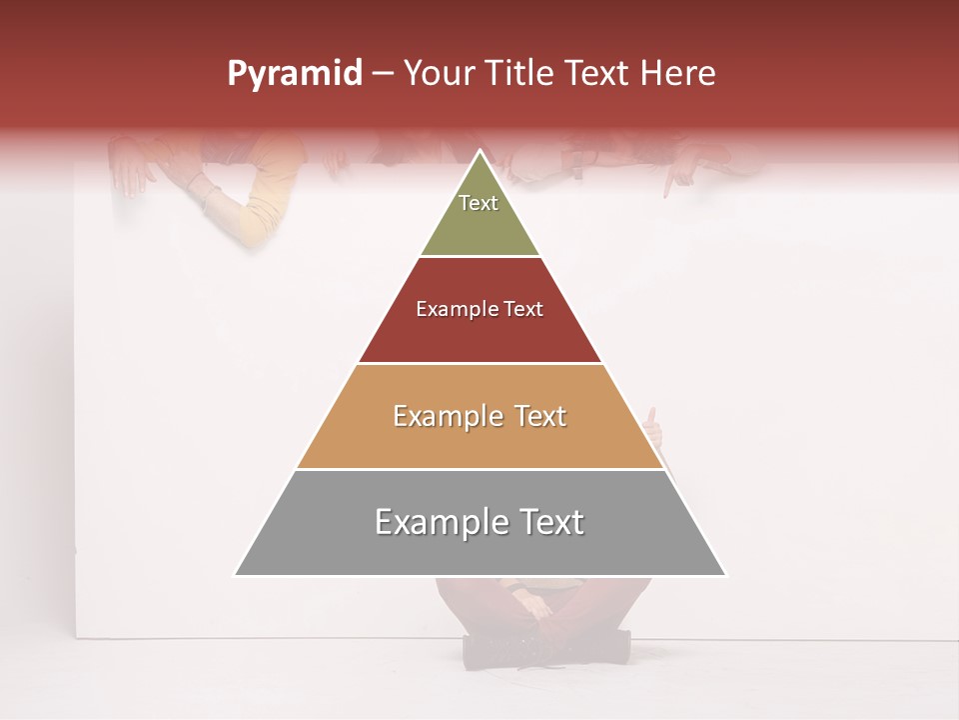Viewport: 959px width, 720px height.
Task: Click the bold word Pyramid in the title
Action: point(294,73)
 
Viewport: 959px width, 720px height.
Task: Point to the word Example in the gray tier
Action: point(439,522)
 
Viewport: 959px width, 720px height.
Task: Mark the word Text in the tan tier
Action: point(540,416)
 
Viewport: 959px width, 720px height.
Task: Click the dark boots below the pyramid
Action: point(544,645)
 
